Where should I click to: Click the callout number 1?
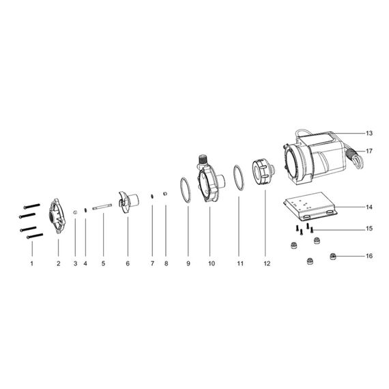32,263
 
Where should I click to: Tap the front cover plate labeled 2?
57,216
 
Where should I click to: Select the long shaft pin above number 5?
102,207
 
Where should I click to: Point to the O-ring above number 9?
186,190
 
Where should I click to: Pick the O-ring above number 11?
239,177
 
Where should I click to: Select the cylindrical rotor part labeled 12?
263,172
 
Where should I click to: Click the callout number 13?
369,133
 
